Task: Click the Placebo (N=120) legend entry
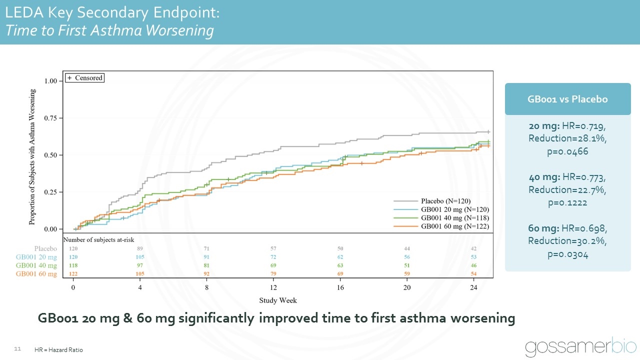(445, 201)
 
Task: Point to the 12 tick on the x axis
(273, 288)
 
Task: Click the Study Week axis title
(277, 300)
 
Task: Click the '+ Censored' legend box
(84, 78)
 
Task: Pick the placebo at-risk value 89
(140, 248)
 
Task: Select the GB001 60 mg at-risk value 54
(474, 274)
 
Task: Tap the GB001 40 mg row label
(36, 265)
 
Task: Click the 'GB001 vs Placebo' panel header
(567, 99)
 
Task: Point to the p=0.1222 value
(567, 202)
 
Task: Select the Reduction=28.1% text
(567, 137)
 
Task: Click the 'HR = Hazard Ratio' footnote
(59, 350)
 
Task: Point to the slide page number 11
(17, 348)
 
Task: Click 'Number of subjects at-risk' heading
(98, 240)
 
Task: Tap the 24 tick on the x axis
(474, 288)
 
